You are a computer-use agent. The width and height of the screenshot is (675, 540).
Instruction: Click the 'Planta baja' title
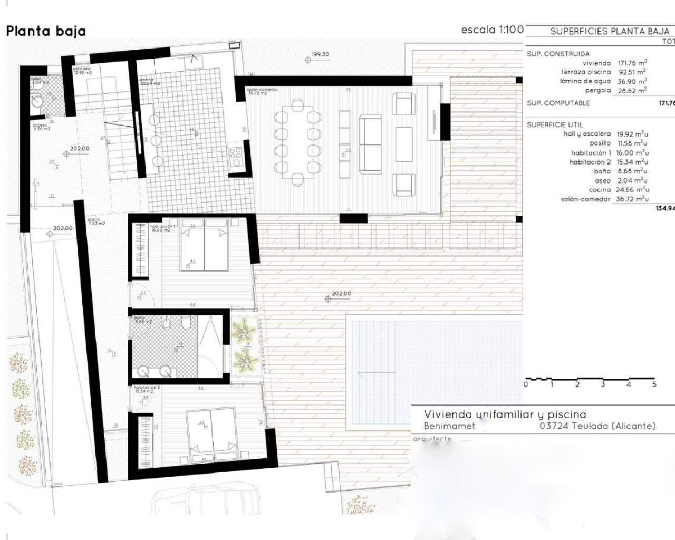point(46,31)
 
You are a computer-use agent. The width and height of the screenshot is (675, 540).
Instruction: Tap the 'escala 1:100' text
point(491,30)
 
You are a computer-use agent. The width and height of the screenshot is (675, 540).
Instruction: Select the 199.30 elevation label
point(320,54)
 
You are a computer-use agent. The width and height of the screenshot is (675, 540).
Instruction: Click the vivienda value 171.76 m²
point(632,63)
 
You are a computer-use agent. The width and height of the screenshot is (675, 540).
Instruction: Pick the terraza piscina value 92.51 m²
point(632,72)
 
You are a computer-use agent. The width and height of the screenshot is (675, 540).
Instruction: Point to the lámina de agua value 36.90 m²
point(632,81)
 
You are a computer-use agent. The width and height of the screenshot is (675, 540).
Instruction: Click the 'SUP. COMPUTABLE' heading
point(558,103)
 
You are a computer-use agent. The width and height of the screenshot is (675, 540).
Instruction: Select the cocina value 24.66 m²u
point(632,189)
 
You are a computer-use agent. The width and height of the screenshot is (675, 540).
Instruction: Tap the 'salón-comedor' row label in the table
point(585,199)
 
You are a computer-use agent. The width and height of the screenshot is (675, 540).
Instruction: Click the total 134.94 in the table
point(664,208)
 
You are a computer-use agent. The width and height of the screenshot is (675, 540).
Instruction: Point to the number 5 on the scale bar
point(654,384)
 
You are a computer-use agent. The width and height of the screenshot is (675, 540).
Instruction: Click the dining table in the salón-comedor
point(297,142)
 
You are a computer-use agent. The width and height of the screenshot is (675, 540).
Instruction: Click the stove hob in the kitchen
point(235,155)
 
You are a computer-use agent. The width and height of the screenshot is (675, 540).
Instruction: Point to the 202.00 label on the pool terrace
point(341,294)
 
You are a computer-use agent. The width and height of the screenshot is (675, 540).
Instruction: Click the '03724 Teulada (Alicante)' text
point(597,426)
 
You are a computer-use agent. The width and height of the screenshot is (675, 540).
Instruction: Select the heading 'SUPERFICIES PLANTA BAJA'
point(609,31)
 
